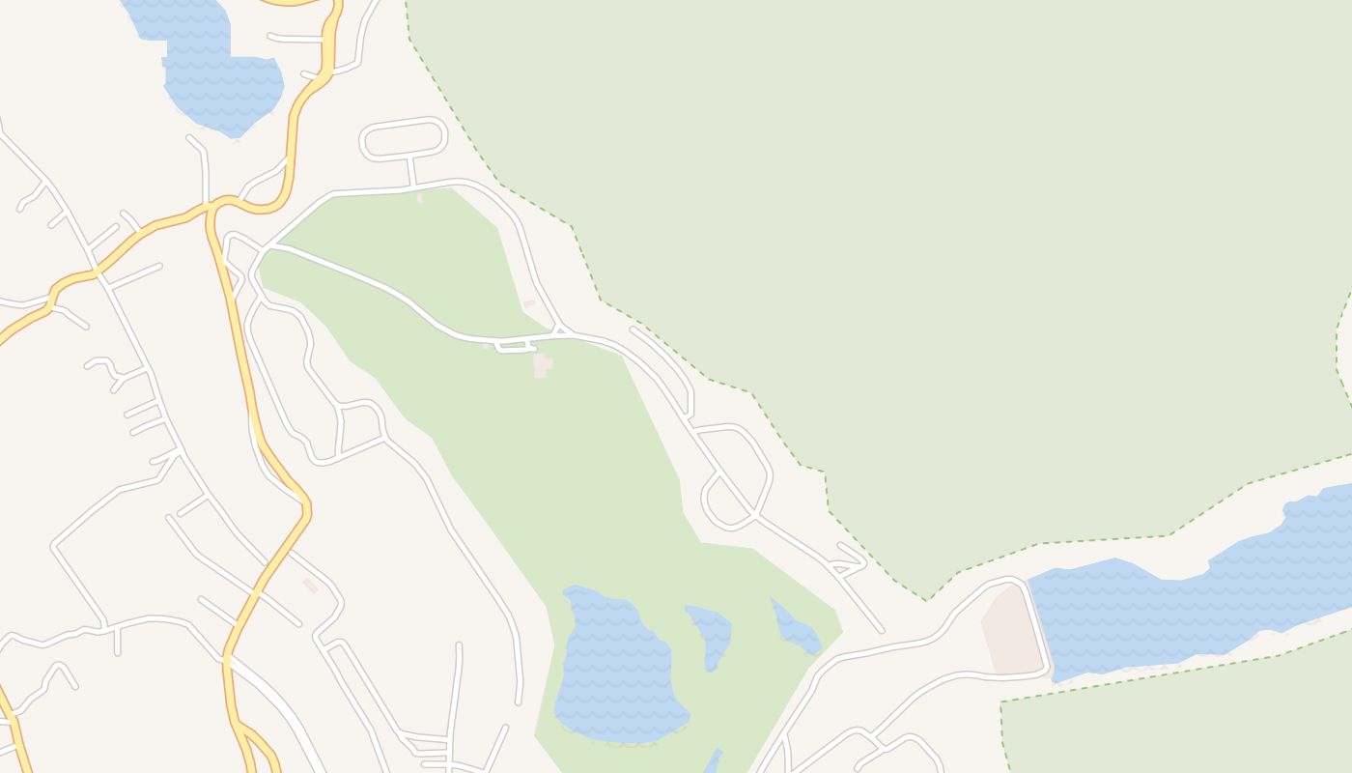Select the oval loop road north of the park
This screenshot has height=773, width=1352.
click(x=404, y=139)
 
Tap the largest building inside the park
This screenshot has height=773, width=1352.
click(x=542, y=365)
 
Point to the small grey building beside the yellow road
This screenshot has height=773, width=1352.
click(x=310, y=586)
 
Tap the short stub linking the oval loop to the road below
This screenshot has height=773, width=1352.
click(x=412, y=171)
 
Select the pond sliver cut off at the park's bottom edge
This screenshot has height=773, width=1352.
click(x=714, y=760)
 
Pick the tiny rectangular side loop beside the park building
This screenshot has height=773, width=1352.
click(x=515, y=346)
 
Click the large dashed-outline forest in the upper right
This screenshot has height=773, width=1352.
click(x=917, y=242)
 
